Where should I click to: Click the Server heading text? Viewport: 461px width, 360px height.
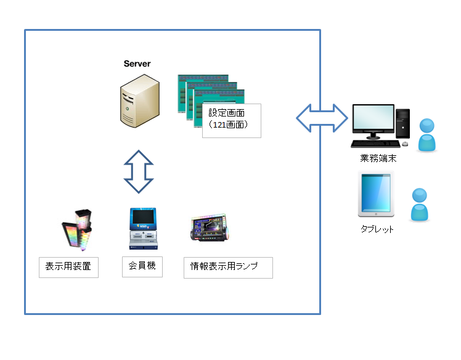pyautogui.click(x=137, y=63)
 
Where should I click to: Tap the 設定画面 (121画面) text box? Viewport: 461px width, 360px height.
pyautogui.click(x=231, y=120)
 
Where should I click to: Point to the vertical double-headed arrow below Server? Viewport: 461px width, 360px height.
pyautogui.click(x=139, y=171)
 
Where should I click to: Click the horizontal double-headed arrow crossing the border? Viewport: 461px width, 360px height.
pyautogui.click(x=321, y=117)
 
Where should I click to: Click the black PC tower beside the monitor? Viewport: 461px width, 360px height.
pyautogui.click(x=402, y=123)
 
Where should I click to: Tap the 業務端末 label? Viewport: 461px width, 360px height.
pyautogui.click(x=378, y=158)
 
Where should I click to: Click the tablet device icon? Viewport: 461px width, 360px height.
pyautogui.click(x=377, y=195)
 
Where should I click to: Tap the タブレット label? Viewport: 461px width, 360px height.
pyautogui.click(x=377, y=229)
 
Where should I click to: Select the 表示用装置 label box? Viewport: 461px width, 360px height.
pyautogui.click(x=68, y=267)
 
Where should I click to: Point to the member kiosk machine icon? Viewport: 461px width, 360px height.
pyautogui.click(x=142, y=228)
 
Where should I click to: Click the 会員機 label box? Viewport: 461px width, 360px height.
pyautogui.click(x=142, y=267)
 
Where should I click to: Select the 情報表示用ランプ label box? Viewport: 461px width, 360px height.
pyautogui.click(x=228, y=267)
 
